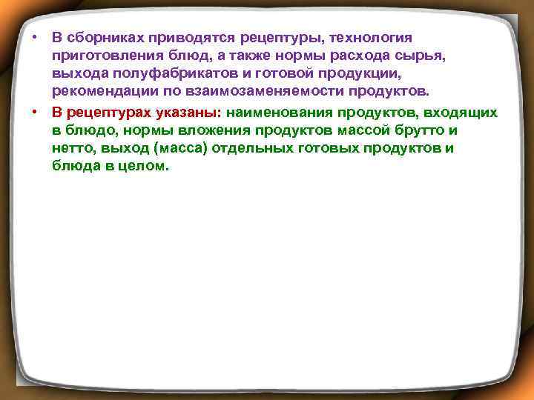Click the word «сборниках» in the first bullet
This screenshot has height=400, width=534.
pyautogui.click(x=103, y=37)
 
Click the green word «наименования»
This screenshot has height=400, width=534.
pyautogui.click(x=280, y=113)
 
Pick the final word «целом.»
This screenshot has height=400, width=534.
pyautogui.click(x=142, y=167)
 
